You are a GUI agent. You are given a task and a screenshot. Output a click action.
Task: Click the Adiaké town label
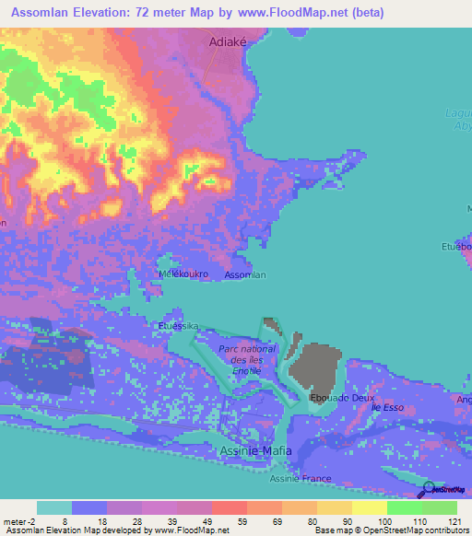coord(229,41)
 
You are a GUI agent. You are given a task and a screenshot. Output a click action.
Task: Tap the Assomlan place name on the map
coord(246,275)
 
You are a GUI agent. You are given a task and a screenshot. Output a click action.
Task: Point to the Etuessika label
coord(178,326)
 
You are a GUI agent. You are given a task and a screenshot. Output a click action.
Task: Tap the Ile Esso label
coord(388,406)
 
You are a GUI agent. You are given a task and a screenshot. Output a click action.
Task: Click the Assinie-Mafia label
coord(255,450)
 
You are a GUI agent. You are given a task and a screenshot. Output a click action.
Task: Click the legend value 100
coord(384,521)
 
